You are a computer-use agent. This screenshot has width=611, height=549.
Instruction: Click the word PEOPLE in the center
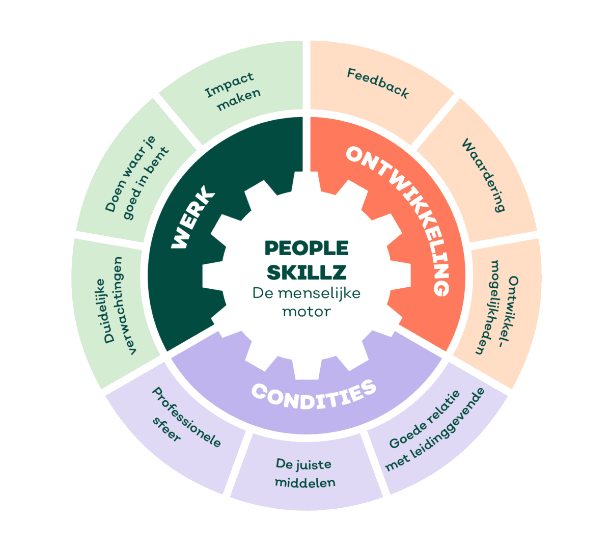[307, 248]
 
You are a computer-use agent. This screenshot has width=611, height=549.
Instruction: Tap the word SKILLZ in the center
[307, 272]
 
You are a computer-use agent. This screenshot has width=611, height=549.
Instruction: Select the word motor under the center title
[307, 312]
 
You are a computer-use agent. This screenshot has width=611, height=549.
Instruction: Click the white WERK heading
[193, 217]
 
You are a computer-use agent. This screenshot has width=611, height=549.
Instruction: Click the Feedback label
[378, 83]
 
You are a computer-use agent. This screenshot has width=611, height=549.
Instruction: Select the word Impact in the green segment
[229, 85]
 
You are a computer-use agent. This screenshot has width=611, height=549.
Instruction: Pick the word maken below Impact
[239, 99]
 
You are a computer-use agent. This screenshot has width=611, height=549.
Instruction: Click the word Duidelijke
[105, 311]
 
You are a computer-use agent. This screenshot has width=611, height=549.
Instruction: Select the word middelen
[305, 483]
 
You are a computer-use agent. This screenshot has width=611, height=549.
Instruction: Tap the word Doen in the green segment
[115, 196]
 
